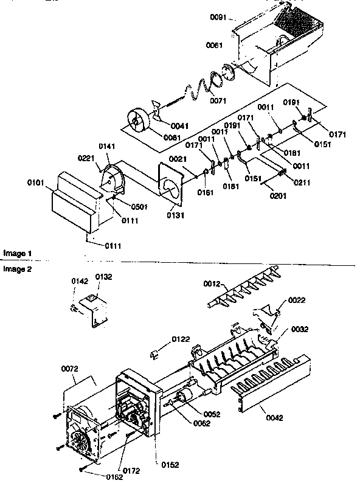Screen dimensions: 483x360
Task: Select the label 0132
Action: pos(103,277)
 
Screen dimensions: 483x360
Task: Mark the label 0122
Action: pos(180,339)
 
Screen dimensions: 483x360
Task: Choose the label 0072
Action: pos(71,369)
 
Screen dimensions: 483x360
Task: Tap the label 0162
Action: pos(97,476)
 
